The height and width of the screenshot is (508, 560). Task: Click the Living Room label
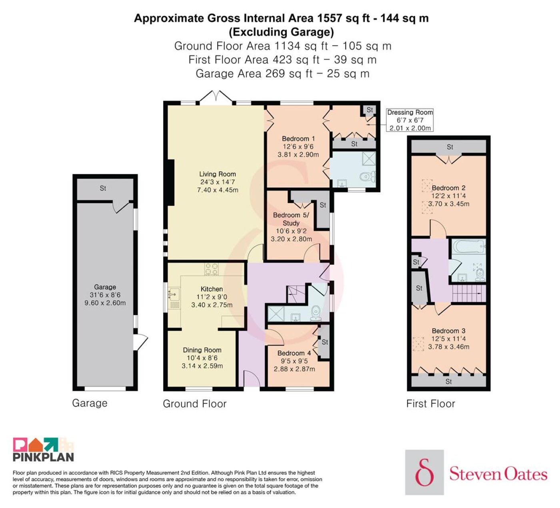[218, 174]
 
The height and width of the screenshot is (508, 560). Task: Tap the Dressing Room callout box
[410, 120]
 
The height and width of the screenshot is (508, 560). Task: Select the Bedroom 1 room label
[298, 139]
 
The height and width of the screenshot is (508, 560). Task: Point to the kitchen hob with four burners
[211, 269]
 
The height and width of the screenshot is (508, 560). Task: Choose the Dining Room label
[202, 350]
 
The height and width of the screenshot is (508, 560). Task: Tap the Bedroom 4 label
[294, 353]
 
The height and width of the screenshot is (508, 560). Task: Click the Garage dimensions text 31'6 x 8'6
[105, 295]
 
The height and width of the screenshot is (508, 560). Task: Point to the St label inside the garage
[103, 188]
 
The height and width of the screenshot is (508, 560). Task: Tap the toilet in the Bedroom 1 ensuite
[368, 176]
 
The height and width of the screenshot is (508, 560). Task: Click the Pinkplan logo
[43, 450]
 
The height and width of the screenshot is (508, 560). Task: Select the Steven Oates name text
[498, 474]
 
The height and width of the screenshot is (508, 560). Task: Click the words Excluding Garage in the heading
[281, 32]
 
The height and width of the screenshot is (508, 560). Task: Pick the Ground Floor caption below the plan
[194, 404]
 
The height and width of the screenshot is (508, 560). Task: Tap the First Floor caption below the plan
[430, 404]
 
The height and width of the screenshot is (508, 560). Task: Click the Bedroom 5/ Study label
[291, 219]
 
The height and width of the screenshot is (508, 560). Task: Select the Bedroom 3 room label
[449, 331]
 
